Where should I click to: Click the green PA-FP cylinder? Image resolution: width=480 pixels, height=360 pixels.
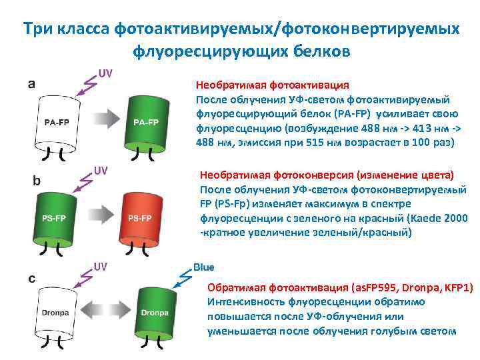pos(145,122)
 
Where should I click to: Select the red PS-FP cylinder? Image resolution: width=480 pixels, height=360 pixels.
pos(140,218)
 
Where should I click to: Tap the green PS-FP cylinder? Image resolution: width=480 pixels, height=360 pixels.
pos(55,218)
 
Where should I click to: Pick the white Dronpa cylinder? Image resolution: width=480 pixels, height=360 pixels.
pos(55,312)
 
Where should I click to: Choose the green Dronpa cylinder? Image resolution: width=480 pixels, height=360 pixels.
pos(154,312)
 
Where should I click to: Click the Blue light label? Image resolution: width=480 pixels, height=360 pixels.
pos(203,267)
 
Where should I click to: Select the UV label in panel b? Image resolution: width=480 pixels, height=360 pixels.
pos(101,170)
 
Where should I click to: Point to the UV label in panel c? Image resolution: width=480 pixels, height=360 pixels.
pos(101,267)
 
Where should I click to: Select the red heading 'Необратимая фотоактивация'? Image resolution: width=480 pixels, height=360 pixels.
pos(272,85)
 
